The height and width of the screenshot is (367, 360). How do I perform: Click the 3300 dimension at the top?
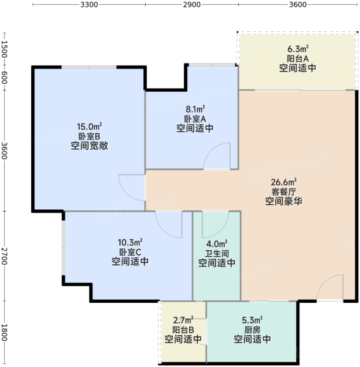tap(89, 4)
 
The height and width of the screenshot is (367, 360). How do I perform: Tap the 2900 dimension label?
tap(192, 4)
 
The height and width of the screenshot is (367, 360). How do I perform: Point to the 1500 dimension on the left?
tap(4, 49)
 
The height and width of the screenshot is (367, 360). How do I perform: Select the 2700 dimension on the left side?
tap(4, 256)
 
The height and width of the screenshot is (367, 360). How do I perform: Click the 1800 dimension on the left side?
tap(4, 333)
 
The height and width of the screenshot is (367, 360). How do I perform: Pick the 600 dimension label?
tap(4, 78)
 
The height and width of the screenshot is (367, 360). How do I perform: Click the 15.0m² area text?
tap(89, 127)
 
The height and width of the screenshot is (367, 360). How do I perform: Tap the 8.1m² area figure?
tap(195, 109)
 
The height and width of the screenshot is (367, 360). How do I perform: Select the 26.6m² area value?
tap(284, 182)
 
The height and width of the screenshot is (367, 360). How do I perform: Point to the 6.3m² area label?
tap(298, 49)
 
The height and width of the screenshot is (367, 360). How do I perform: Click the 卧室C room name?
tap(130, 252)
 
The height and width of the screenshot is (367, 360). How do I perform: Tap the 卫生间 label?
tap(217, 253)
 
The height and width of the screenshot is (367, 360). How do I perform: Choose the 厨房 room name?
tap(252, 330)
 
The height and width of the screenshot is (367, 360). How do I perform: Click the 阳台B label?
tap(183, 330)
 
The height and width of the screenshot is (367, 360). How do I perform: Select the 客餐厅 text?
tap(284, 191)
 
